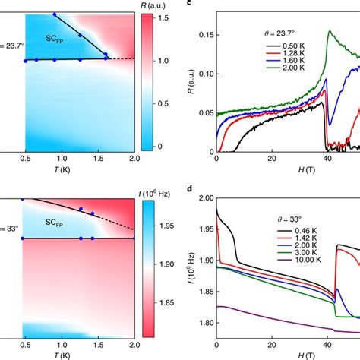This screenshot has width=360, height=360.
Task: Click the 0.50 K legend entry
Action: coord(285,46)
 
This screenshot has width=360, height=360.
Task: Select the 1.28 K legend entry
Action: coord(285,53)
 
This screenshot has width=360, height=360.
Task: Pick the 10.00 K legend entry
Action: coord(299,260)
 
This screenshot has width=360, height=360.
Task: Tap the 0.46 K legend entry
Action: coord(297,231)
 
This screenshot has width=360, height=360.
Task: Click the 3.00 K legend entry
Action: coord(297,253)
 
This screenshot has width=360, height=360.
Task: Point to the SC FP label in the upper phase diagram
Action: coord(55,39)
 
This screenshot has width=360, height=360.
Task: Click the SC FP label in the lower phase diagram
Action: coord(54,223)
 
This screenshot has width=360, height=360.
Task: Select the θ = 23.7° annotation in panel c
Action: coord(279,33)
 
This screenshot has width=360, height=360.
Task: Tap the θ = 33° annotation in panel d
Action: coord(289,219)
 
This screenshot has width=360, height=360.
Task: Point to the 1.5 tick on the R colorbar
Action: coord(163,18)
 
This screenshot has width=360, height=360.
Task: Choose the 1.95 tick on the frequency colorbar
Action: coord(167,226)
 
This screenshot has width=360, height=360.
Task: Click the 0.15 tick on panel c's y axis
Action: coord(206,35)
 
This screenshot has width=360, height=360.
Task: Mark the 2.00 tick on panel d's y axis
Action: coord(207,198)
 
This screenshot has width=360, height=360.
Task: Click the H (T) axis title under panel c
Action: coord(307,169)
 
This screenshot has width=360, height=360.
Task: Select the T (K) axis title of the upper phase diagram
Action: coord(62,169)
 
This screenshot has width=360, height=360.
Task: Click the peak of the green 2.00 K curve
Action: coord(330,31)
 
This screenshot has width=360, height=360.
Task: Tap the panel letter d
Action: coord(190,189)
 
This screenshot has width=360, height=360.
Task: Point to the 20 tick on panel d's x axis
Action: coord(272,345)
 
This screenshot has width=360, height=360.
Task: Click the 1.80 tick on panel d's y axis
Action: coord(207,323)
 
